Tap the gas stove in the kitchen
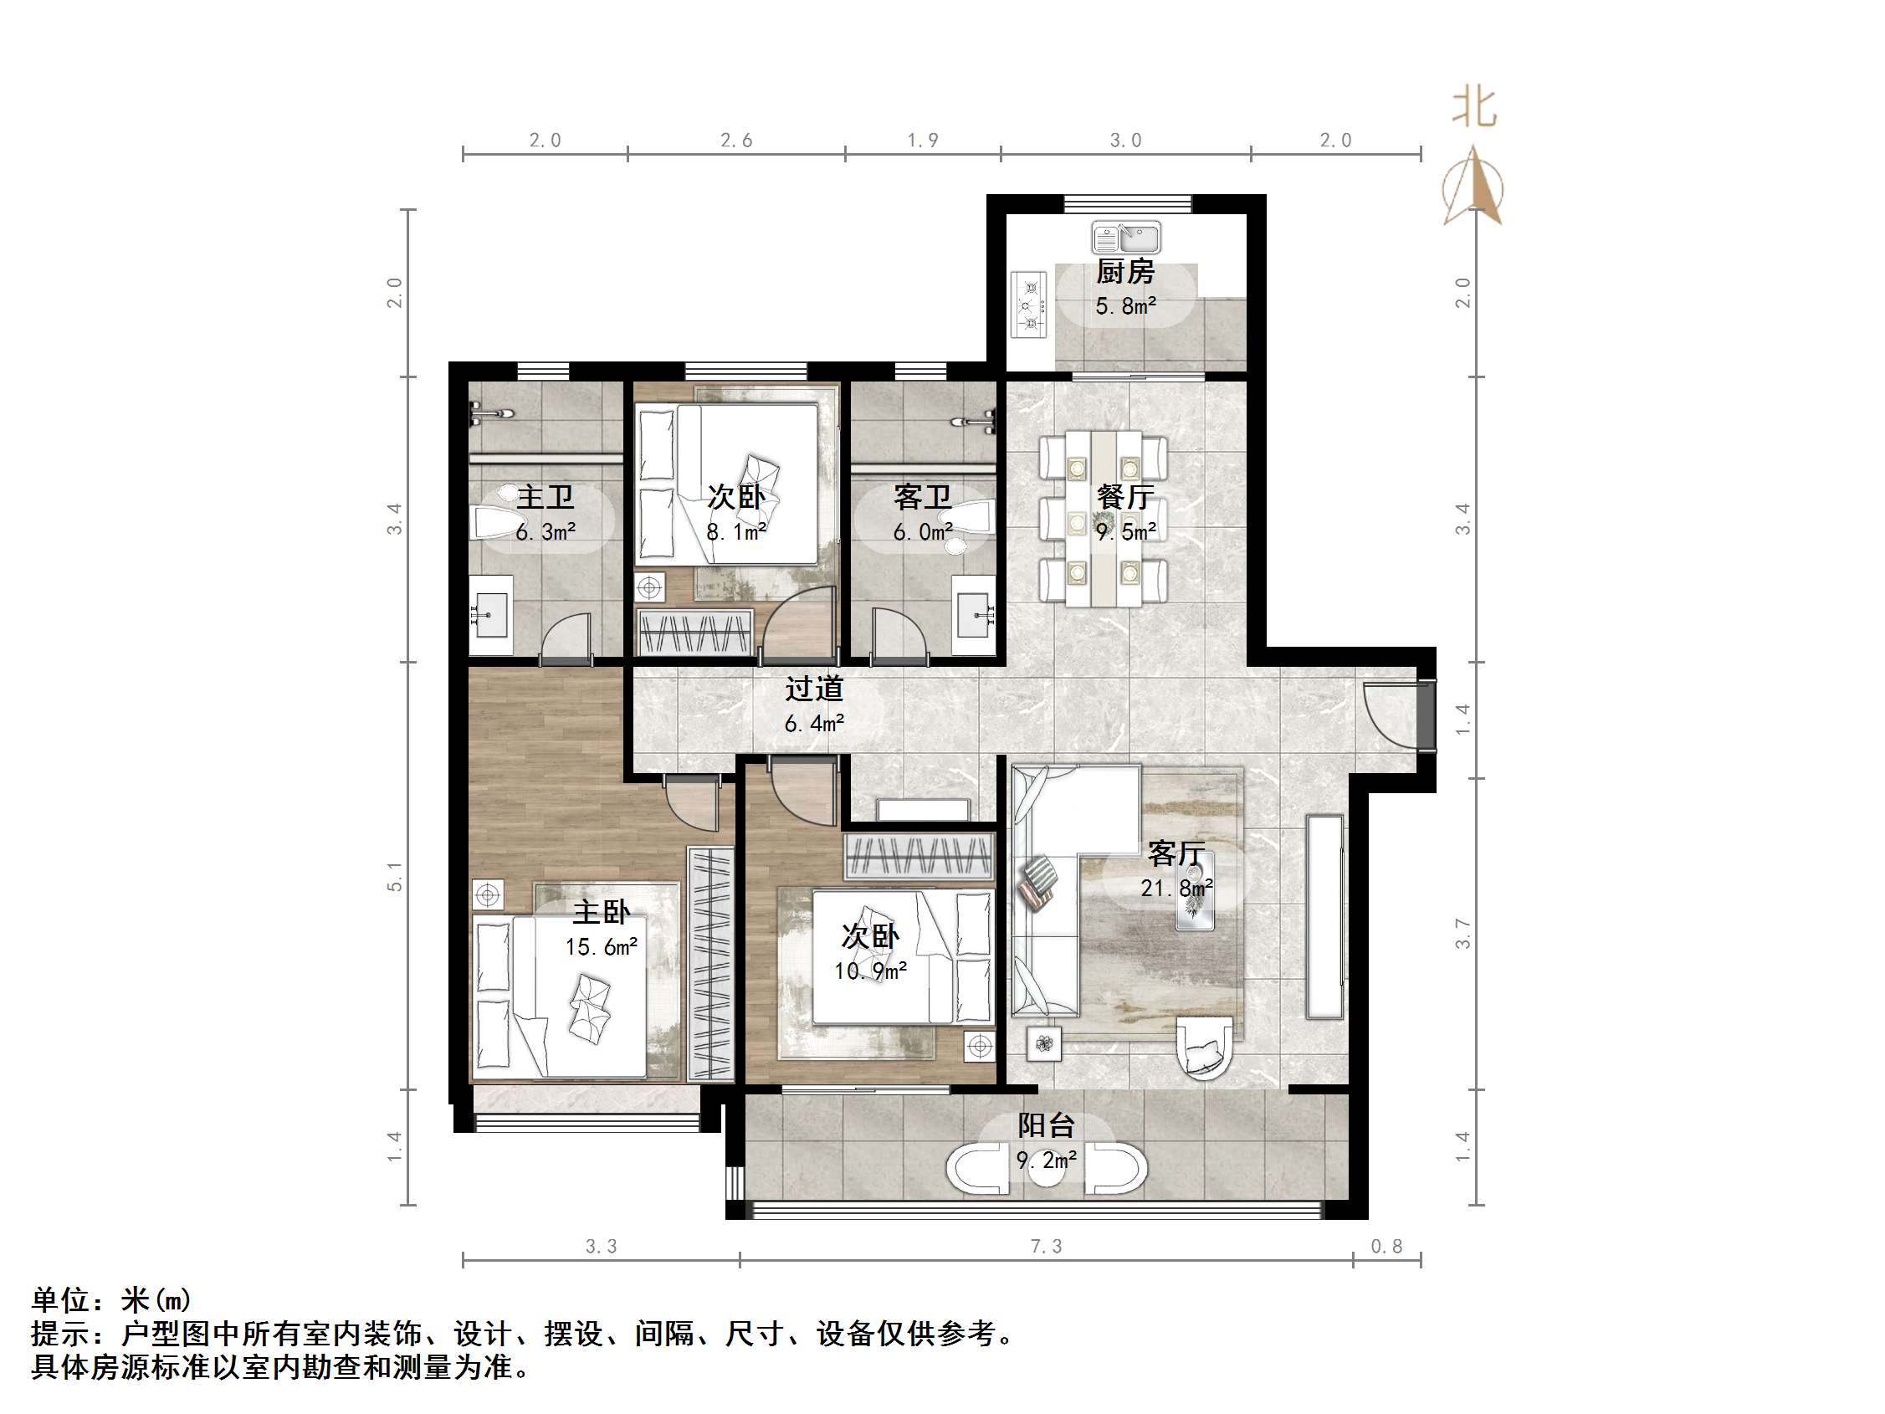[x=1028, y=305]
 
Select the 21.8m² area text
[x=1177, y=888]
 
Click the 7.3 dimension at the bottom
[x=1047, y=1246]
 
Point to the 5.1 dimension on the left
[x=395, y=876]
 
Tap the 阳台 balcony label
[x=1046, y=1125]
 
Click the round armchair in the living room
[x=1203, y=1050]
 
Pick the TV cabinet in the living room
[x=1325, y=917]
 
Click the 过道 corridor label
[x=814, y=689]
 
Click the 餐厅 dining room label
[x=1125, y=497]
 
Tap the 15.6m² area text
[x=602, y=947]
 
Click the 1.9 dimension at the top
[x=923, y=140]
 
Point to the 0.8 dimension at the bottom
[x=1386, y=1246]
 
